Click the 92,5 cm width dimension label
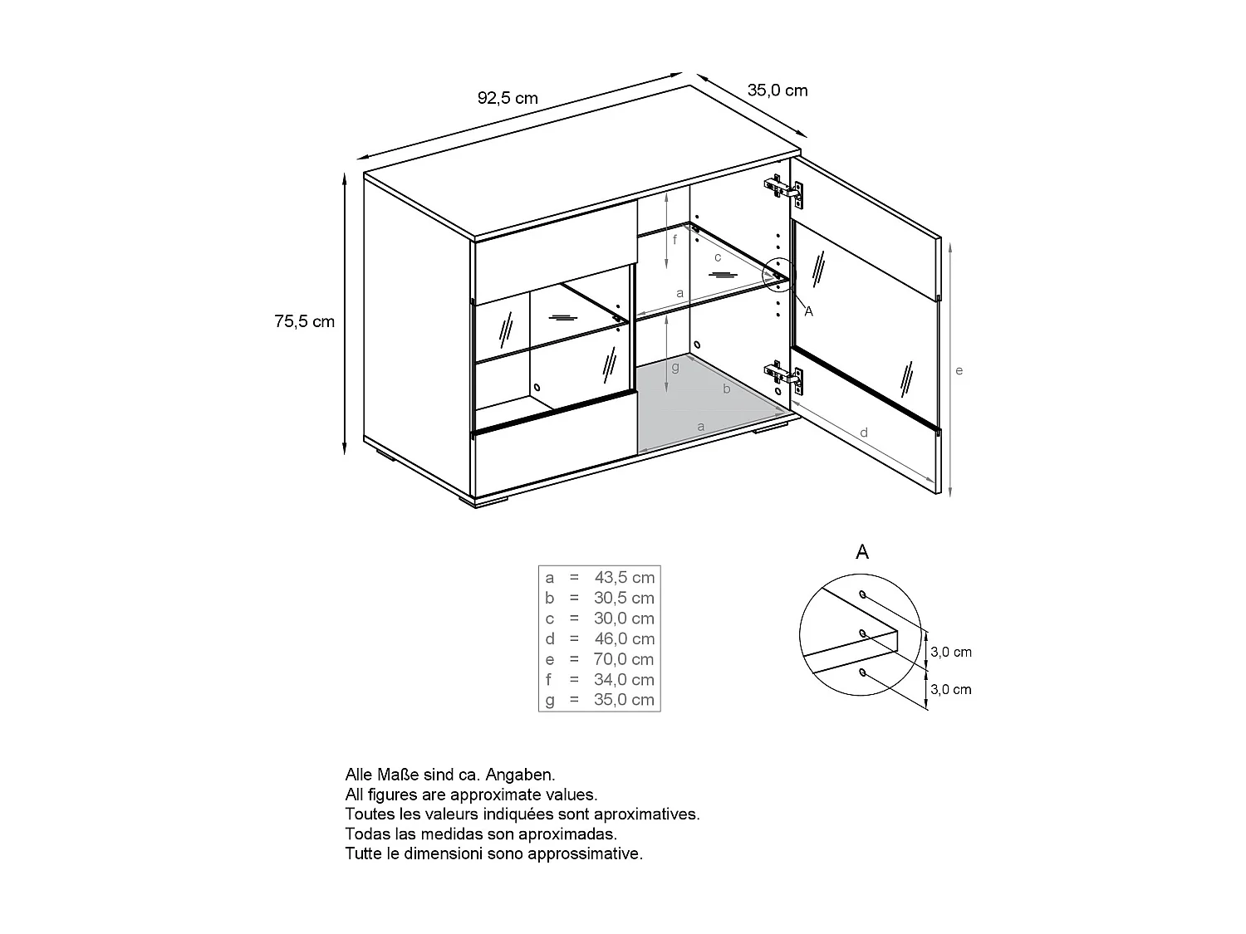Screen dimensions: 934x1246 tap(508, 98)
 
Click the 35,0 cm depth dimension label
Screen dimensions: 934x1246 tap(778, 90)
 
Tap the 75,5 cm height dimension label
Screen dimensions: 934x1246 tap(305, 321)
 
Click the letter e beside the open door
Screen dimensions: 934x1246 tap(959, 370)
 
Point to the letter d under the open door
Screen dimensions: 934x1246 tap(864, 433)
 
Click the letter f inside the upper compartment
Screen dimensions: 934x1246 tap(675, 240)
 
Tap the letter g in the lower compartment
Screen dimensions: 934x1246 tap(675, 366)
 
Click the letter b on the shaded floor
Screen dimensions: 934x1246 tap(727, 388)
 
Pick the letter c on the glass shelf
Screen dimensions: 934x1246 tap(718, 257)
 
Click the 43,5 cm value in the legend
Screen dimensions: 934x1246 tap(625, 577)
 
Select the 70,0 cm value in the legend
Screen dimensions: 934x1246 tap(625, 659)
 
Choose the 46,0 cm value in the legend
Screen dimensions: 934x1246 tap(625, 638)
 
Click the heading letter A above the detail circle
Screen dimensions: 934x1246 tap(862, 552)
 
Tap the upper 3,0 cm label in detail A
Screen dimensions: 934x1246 tap(951, 652)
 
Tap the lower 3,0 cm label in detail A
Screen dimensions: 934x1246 tap(951, 689)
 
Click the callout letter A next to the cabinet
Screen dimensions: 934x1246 tap(809, 311)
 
